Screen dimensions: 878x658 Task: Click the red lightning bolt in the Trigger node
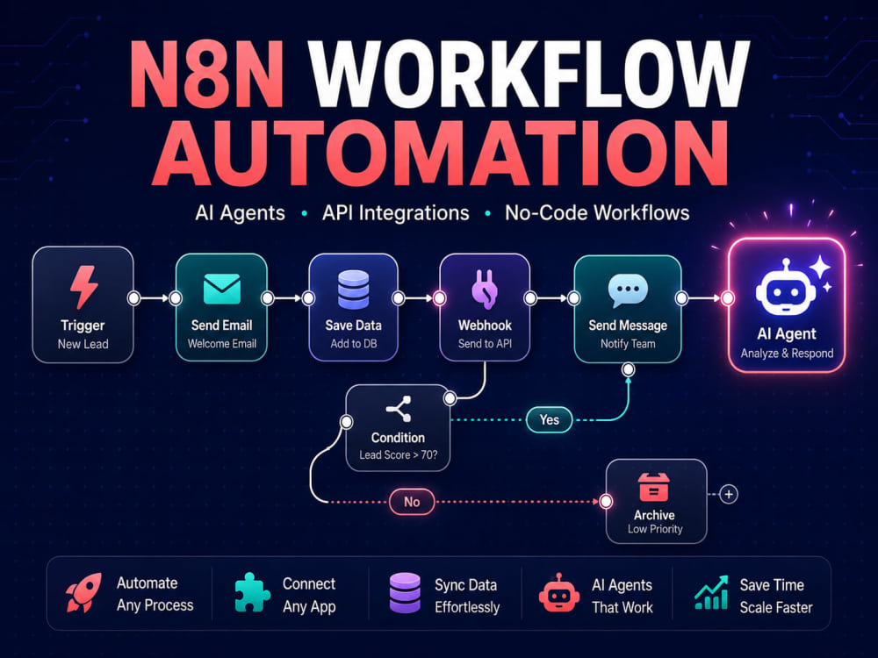[x=84, y=287]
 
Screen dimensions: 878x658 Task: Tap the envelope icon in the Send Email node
[x=222, y=289]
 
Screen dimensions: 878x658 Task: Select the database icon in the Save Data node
[x=353, y=290]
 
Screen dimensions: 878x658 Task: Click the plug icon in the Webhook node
[x=485, y=290]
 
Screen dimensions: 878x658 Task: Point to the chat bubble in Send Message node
[x=628, y=290]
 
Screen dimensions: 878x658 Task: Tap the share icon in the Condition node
[x=399, y=409]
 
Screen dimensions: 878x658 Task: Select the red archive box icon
[x=653, y=487]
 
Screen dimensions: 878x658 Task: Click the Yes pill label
[x=550, y=419]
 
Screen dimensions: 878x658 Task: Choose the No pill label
[x=412, y=502]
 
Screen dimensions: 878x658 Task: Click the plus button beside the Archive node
[x=729, y=494]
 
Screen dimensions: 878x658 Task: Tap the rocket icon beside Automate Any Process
[x=83, y=593]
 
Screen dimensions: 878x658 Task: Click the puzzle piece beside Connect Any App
[x=252, y=592]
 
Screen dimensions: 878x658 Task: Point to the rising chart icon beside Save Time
[x=711, y=592]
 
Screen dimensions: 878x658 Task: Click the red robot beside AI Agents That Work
[x=558, y=593]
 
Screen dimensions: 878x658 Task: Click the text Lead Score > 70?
[x=398, y=454]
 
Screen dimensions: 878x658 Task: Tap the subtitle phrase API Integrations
[x=395, y=213]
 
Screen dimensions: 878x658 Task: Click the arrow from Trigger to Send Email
[x=155, y=298]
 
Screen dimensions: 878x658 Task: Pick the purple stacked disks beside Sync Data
[x=404, y=592]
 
